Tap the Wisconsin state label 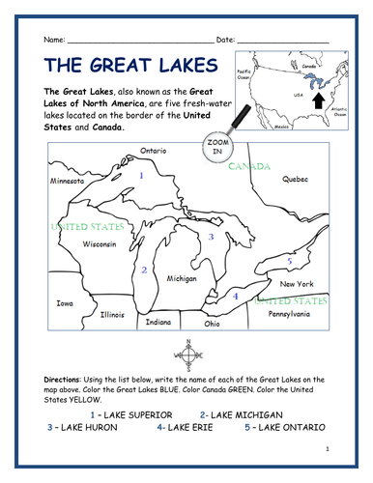tap(100, 244)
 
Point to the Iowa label tap(65, 302)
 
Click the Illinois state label tap(113, 314)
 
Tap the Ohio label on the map tap(212, 324)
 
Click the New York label tap(297, 285)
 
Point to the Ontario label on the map tap(155, 152)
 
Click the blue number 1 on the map tap(141, 176)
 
